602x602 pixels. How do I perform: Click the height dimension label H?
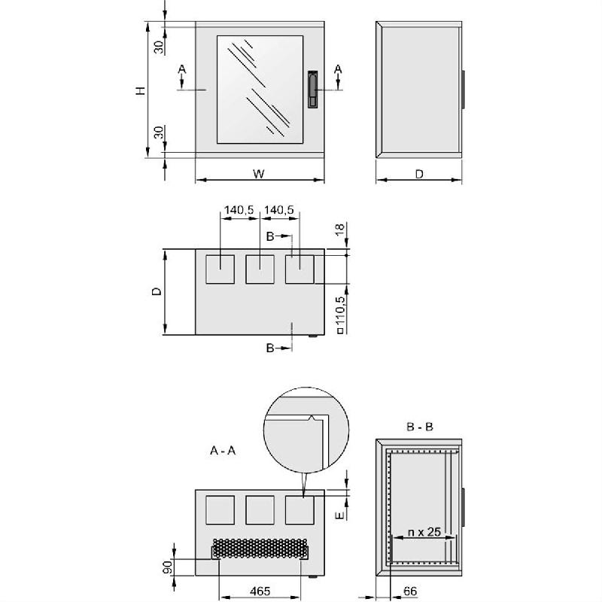140,90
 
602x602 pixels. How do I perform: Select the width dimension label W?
258,174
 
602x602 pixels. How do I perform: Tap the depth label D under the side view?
419,174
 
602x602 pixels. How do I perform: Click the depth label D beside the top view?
155,291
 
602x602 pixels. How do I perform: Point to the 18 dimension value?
340,231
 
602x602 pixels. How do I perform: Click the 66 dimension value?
410,591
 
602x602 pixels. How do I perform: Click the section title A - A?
223,451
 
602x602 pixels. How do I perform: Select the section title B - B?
419,427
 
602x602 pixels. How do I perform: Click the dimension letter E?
340,515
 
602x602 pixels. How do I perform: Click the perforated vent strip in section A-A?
260,549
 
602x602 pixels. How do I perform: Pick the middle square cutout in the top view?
260,269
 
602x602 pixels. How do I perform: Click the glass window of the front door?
260,89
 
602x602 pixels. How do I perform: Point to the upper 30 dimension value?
158,47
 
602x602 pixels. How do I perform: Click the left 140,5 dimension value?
239,211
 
